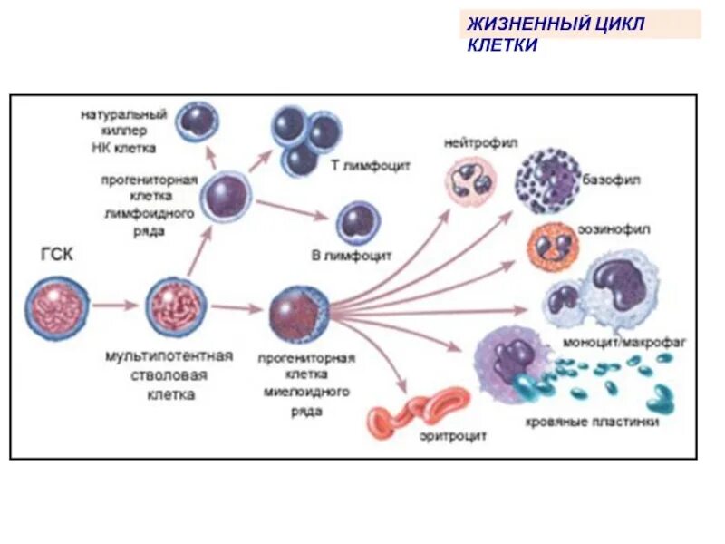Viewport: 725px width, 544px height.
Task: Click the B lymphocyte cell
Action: point(358,221)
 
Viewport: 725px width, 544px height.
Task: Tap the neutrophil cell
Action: point(470,177)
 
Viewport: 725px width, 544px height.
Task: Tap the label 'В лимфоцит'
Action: point(353,257)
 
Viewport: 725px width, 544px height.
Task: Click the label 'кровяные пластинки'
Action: point(592,423)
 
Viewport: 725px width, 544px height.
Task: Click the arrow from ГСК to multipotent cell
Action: point(115,306)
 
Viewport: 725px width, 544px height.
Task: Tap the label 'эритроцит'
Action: point(453,436)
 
